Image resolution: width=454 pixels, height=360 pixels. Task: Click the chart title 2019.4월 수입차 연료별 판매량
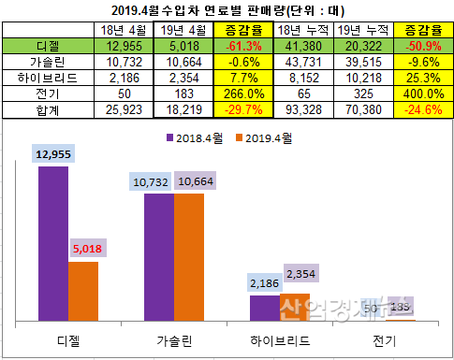click(x=227, y=11)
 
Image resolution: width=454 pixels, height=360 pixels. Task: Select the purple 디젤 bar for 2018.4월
click(x=53, y=243)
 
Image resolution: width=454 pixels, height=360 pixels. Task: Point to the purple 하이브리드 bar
click(x=265, y=308)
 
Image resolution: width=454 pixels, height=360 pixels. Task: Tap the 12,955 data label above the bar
click(x=53, y=153)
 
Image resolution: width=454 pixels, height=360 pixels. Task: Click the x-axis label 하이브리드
click(x=280, y=338)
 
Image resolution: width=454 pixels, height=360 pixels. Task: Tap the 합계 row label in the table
click(x=48, y=111)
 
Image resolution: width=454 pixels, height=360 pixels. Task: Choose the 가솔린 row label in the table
click(x=48, y=62)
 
